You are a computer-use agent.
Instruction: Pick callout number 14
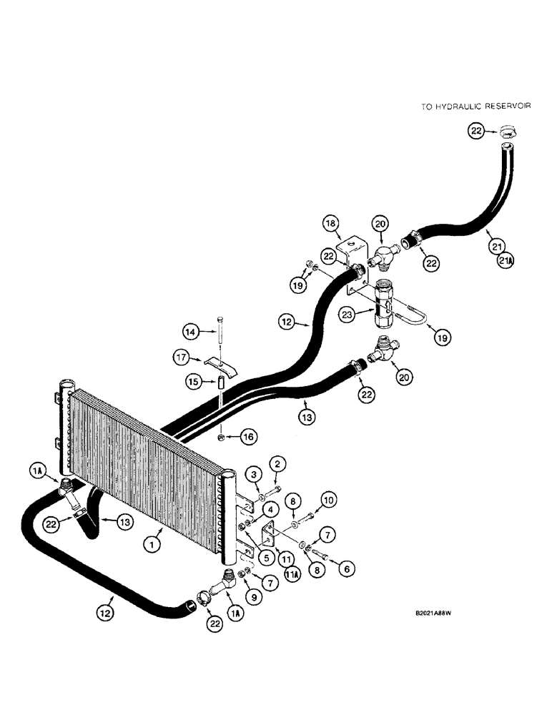(x=190, y=331)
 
